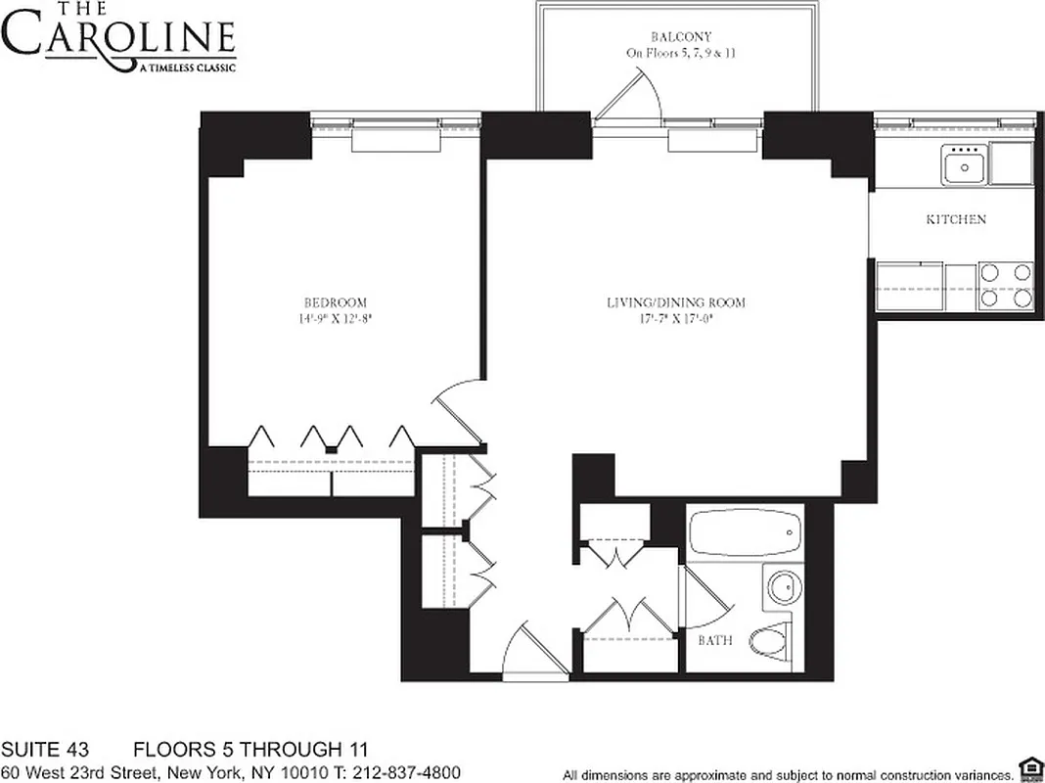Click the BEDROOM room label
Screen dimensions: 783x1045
coord(335,302)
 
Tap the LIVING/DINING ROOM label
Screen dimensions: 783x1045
coord(675,302)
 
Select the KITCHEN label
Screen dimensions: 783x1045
coord(956,219)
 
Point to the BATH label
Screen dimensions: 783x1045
coord(715,642)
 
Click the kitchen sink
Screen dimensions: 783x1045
coord(963,164)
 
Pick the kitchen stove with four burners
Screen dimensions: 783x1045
coord(1006,286)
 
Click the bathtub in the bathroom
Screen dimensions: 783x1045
coord(745,534)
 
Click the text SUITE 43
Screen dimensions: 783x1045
coord(45,751)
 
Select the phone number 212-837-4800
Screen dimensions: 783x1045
coord(402,771)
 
